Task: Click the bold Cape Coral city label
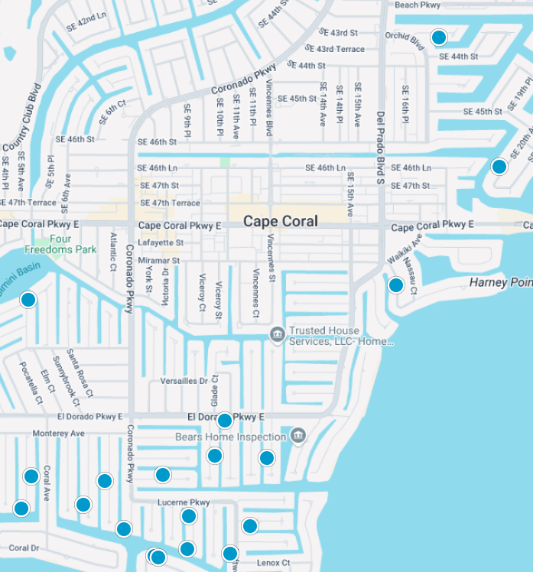[x=280, y=221]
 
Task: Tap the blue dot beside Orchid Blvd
[x=438, y=37]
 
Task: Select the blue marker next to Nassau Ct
[x=395, y=285]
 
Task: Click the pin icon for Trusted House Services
[x=277, y=333]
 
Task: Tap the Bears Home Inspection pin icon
[x=298, y=436]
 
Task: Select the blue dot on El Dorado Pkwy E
[x=224, y=421]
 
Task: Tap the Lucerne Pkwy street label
[x=183, y=502]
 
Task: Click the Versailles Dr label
[x=184, y=381]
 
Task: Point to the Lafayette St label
[x=161, y=242]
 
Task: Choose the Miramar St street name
[x=159, y=261]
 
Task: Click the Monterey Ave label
[x=58, y=434]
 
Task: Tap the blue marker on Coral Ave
[x=31, y=476]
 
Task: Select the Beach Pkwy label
[x=418, y=5]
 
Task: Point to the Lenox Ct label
[x=273, y=563]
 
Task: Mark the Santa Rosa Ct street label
[x=80, y=374]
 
